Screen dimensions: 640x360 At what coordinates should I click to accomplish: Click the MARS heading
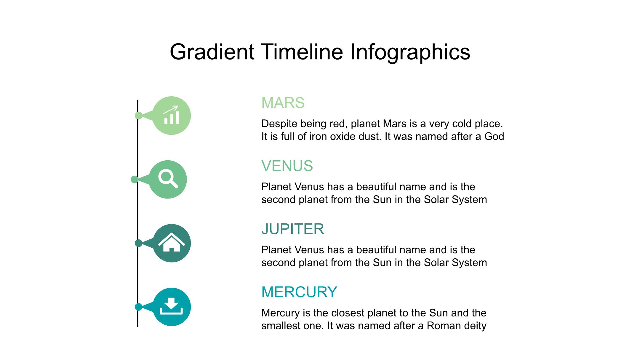click(x=283, y=103)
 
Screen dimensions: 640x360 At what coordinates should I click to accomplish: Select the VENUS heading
click(x=287, y=166)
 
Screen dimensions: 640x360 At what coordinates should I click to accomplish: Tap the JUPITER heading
click(x=293, y=229)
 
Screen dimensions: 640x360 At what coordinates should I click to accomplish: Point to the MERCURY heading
click(x=299, y=292)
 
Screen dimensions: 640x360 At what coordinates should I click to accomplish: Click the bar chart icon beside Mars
click(x=172, y=115)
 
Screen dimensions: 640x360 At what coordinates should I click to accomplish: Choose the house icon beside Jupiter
click(x=172, y=242)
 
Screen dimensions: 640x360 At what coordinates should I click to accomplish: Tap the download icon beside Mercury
click(x=171, y=306)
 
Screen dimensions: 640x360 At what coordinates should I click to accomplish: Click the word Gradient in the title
click(x=212, y=52)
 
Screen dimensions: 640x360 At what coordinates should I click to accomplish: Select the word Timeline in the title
click(x=302, y=52)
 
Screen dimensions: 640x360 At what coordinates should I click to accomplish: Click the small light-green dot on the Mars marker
click(x=138, y=116)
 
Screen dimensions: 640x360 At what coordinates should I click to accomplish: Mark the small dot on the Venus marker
click(x=135, y=179)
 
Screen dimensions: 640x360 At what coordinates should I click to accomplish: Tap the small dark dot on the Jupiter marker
click(x=138, y=243)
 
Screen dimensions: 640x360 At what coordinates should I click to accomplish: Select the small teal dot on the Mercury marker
click(x=138, y=307)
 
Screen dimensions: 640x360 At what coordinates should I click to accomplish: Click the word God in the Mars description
click(x=494, y=137)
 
